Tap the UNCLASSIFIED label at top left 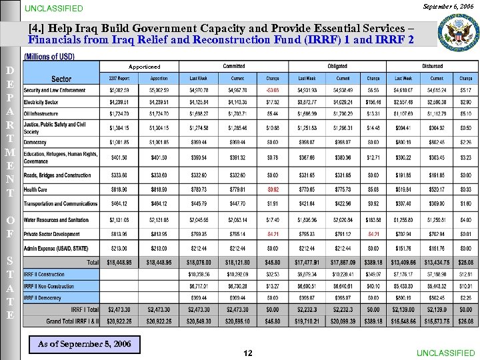(54, 9)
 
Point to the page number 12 (247, 353)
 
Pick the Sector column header (61, 79)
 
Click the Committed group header (234, 67)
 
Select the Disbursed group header (433, 67)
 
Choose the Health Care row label (36, 189)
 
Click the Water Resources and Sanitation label (56, 219)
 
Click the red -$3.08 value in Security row (272, 90)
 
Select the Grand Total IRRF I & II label (72, 321)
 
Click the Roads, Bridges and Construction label (57, 175)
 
